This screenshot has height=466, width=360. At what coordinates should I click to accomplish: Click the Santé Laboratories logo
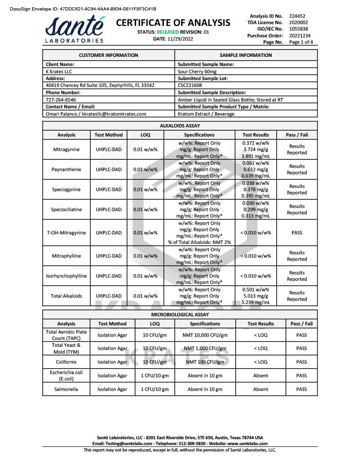point(75,30)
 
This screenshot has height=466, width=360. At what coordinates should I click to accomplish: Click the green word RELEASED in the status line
point(167,32)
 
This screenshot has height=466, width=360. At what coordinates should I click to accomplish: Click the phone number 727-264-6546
point(61,100)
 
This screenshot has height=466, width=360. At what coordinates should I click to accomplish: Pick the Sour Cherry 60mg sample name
point(197,71)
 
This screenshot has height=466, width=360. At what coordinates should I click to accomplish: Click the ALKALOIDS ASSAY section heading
point(180,126)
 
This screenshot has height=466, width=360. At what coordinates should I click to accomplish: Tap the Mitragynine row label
point(66,149)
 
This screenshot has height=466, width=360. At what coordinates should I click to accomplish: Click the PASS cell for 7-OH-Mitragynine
point(297,233)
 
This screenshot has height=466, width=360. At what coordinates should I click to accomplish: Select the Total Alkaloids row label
point(66,296)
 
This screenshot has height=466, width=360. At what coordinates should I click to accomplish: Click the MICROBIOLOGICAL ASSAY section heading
point(180,314)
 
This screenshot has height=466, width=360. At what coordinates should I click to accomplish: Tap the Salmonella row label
point(66,389)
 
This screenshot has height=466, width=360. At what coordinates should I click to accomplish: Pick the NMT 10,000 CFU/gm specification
point(205,335)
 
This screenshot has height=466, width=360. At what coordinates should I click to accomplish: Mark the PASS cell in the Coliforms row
point(301,362)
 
